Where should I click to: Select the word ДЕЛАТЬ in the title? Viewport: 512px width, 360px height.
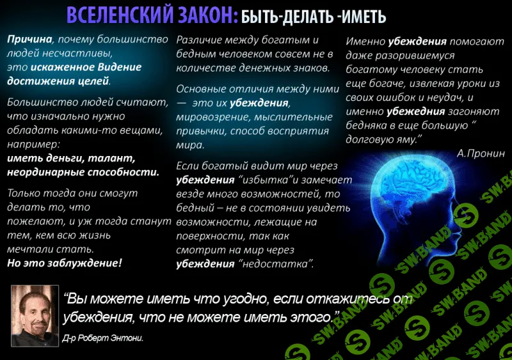pos(318,16)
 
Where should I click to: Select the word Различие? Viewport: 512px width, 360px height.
pos(204,40)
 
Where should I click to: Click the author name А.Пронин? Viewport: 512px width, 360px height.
pos(481,153)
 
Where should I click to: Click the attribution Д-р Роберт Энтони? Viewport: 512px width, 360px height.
pos(103,338)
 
